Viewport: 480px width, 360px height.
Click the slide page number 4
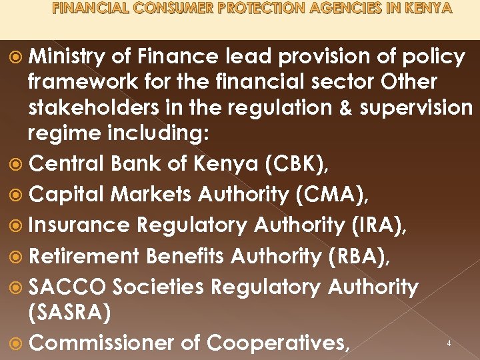449,343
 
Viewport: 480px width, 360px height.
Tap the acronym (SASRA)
69,313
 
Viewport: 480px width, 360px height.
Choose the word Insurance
80,225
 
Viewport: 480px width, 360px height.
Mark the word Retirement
85,256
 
